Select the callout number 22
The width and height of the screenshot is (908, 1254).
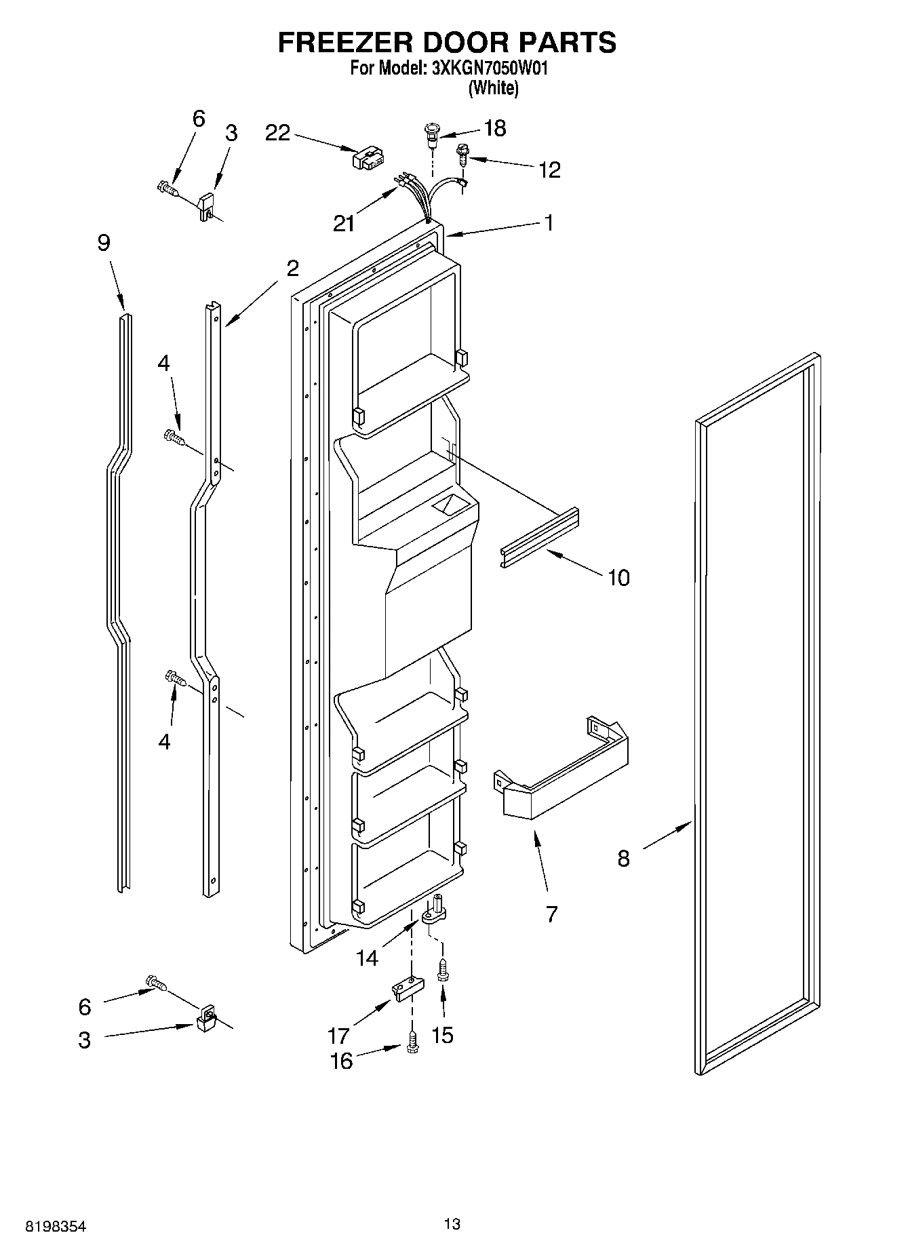pos(278,133)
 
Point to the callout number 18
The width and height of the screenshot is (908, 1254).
pos(495,128)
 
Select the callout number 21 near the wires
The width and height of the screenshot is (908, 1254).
pos(344,223)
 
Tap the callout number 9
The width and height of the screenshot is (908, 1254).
pos(103,243)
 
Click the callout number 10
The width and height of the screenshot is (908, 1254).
pos(618,578)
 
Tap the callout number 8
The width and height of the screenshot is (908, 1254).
pos(624,859)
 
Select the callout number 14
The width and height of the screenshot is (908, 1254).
pos(367,958)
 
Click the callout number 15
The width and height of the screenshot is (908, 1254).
pos(442,1035)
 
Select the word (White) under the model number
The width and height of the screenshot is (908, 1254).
pos(494,87)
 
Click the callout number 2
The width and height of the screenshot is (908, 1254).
pos(292,269)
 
